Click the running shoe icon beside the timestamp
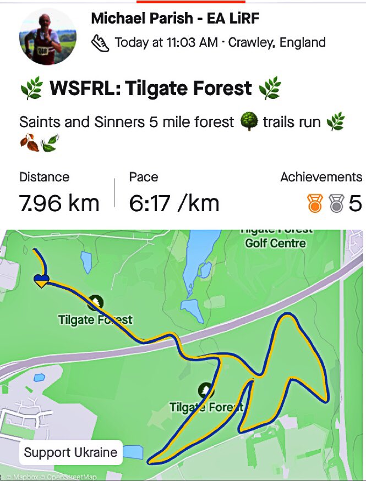point(100,43)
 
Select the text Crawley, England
point(277,42)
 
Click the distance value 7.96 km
point(59,203)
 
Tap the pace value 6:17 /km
point(174,203)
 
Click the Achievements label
point(321,177)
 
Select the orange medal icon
point(314,204)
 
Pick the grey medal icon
point(335,204)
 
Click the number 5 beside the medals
point(355,204)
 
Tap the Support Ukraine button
point(71,453)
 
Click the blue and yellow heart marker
point(42,280)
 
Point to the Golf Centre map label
point(275,242)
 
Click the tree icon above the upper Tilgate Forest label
point(96,302)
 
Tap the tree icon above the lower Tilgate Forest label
point(206,390)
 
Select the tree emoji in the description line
point(249,121)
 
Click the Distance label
point(44,177)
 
